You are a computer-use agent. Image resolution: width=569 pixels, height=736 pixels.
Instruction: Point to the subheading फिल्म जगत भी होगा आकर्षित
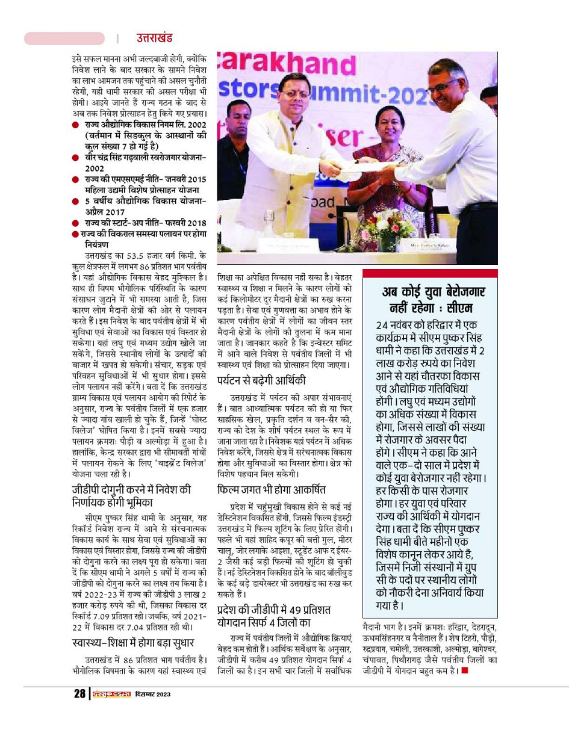[272, 490]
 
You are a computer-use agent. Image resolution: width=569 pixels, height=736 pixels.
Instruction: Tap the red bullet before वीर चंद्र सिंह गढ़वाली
[75, 158]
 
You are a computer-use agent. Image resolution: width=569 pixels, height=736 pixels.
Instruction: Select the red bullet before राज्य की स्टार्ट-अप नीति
[75, 223]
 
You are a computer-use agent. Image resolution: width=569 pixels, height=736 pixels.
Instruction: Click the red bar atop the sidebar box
[430, 274]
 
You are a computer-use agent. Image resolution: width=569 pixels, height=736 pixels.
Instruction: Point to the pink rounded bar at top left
[64, 39]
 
